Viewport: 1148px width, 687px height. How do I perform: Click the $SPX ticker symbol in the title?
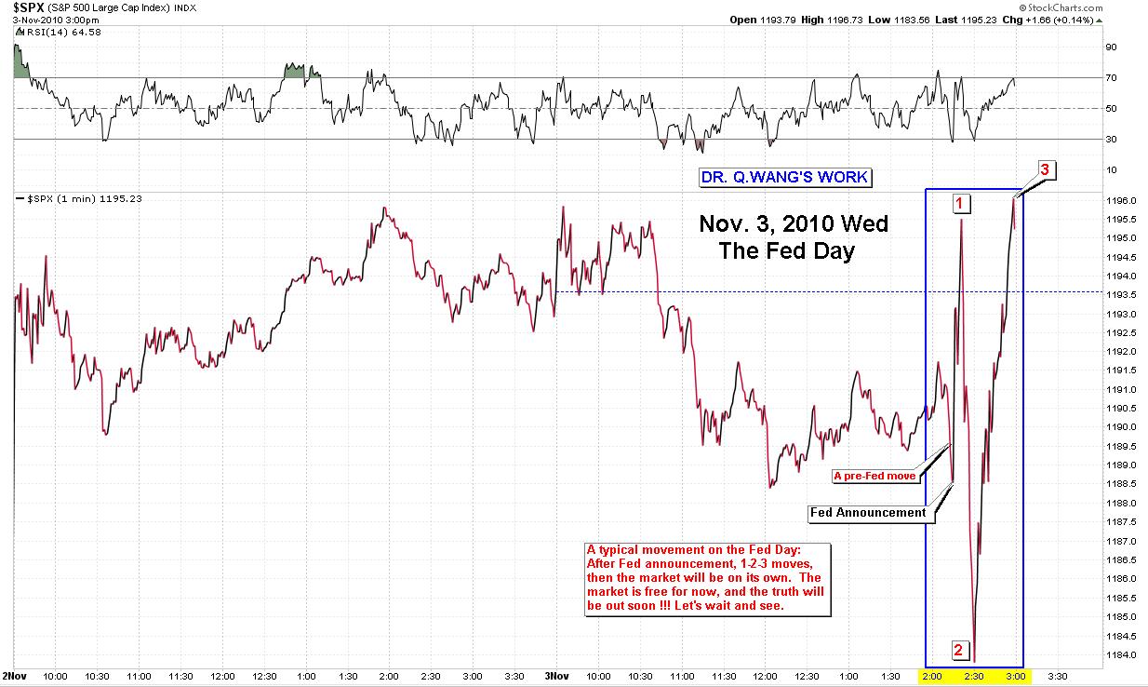coord(28,7)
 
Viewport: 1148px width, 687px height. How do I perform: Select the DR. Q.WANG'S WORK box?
coord(785,178)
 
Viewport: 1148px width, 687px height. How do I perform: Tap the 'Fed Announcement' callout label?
coord(868,512)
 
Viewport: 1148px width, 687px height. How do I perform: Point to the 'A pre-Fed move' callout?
coord(874,476)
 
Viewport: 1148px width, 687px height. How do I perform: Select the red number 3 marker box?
coord(1045,170)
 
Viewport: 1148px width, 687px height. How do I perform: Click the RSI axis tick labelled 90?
coord(1110,47)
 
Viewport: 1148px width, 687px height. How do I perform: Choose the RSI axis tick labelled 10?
coord(1110,169)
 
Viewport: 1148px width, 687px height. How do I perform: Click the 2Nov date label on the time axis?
coord(14,675)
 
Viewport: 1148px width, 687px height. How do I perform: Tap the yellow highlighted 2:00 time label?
coord(932,675)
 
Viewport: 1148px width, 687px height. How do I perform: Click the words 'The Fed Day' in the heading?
coord(786,251)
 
